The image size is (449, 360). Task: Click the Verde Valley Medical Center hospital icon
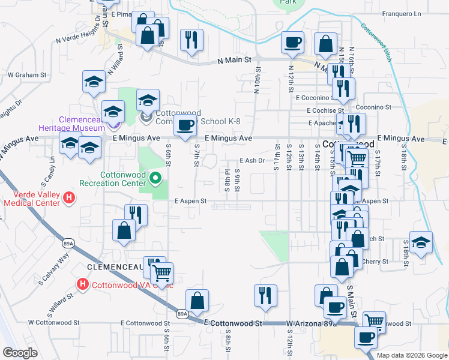70,197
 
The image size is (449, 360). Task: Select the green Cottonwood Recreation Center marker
155,178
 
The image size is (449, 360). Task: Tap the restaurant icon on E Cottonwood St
265,295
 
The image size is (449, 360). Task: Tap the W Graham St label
27,75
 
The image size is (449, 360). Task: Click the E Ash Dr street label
252,161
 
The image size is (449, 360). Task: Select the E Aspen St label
191,202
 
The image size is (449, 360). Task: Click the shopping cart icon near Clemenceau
161,273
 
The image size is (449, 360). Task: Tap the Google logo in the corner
20,353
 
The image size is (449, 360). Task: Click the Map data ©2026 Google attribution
411,355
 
